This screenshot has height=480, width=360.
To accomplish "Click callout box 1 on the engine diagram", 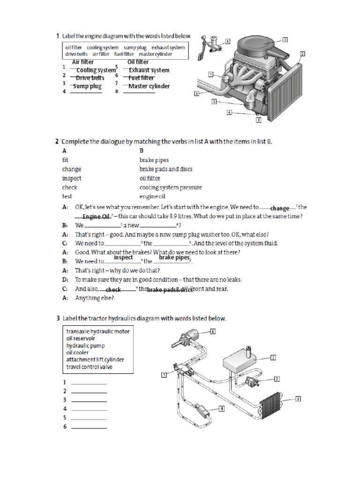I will [285, 39].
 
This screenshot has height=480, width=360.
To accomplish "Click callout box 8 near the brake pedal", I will [228, 41].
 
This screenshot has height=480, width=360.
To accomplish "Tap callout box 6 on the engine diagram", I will [196, 94].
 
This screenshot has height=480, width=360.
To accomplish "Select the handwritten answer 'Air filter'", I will [82, 62].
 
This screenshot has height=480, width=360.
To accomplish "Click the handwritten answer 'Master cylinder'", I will [149, 86].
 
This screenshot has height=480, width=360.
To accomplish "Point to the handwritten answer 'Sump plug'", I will [87, 86].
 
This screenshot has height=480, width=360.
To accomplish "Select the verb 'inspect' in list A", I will [71, 178].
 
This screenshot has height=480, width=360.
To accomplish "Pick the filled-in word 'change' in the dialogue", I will [280, 208].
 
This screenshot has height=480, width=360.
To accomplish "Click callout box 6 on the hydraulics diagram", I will [212, 331].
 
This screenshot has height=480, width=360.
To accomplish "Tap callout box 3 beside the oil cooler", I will [298, 399].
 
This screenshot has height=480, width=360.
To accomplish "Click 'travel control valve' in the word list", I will [89, 367].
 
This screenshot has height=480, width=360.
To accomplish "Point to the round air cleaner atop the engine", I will [259, 47].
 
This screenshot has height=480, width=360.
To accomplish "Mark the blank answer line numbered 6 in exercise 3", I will [89, 427].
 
